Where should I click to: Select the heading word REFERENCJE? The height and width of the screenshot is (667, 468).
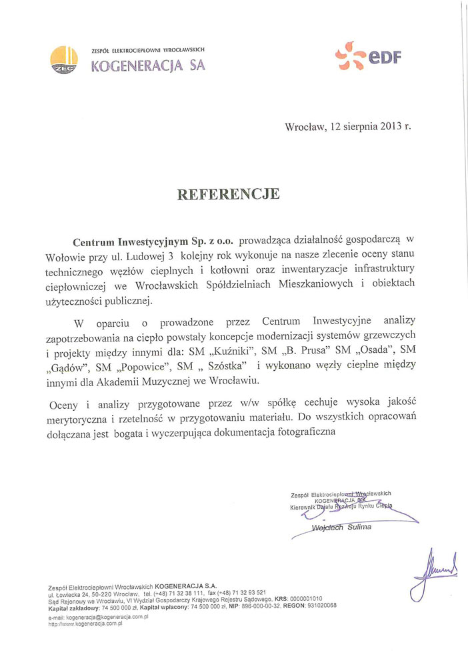(228, 194)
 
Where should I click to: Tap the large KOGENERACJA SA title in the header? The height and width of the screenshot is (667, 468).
(148, 65)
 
